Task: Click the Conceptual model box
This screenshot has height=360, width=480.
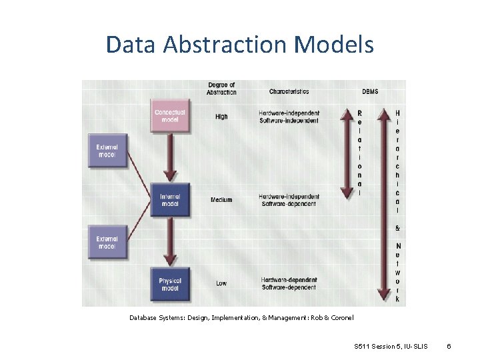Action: (x=170, y=115)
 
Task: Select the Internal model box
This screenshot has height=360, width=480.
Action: (x=170, y=200)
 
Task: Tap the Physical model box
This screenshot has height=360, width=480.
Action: (x=170, y=285)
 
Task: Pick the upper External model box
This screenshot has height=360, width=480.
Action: (x=107, y=150)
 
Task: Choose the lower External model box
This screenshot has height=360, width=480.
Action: (x=107, y=242)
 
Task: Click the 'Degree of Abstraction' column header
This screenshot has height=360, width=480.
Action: (x=222, y=89)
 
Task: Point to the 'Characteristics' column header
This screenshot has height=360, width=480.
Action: (x=289, y=91)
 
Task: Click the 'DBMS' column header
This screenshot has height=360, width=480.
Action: (x=370, y=91)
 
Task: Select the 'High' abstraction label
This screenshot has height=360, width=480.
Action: (x=221, y=117)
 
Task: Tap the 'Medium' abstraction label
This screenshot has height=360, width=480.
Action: (x=221, y=200)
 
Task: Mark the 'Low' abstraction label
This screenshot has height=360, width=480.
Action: (x=221, y=283)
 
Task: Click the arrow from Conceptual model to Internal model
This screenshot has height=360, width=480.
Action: (x=170, y=157)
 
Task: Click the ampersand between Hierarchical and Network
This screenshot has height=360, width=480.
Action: (x=398, y=228)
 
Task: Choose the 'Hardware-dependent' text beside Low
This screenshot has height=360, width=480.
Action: (x=289, y=280)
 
